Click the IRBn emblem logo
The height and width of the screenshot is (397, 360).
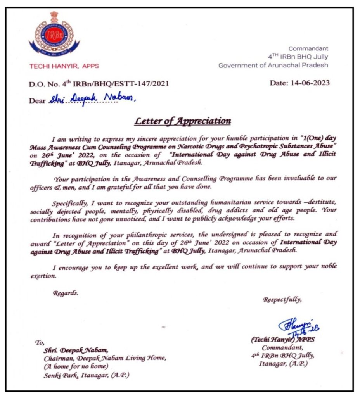[x=54, y=36]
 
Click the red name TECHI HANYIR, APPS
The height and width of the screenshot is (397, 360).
[x=64, y=66]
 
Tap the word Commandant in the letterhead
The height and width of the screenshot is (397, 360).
[x=309, y=48]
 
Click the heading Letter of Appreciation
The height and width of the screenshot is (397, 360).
[x=183, y=121]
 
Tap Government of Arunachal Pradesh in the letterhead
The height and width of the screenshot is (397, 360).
[x=273, y=65]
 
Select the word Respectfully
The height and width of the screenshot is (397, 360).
[x=282, y=299]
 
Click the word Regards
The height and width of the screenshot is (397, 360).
[x=66, y=293]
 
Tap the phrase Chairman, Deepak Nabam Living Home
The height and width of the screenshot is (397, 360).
[x=105, y=358]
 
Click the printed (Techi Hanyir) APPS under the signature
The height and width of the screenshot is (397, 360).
[x=283, y=340]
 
